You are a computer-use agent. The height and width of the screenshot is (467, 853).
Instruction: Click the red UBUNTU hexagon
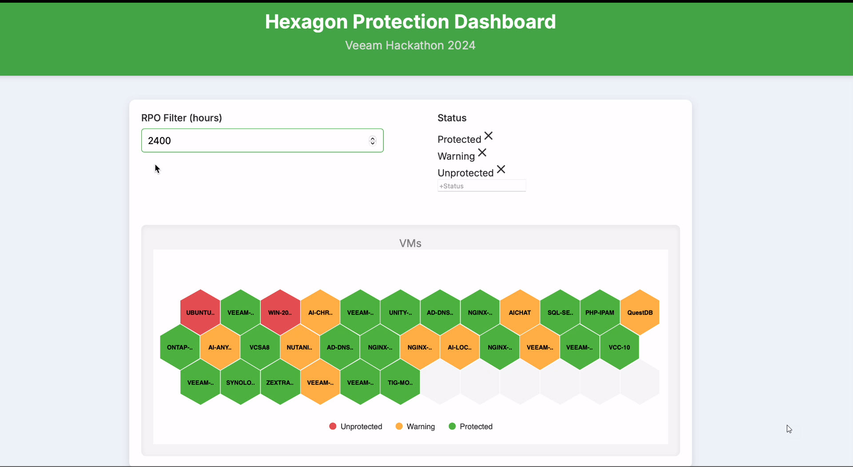200,312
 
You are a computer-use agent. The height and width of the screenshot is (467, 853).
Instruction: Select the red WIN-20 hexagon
280,312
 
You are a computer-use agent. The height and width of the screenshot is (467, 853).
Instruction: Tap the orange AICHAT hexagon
520,312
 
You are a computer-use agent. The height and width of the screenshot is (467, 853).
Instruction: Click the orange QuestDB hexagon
640,312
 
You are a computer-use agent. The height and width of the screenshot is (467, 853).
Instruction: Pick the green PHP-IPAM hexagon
600,312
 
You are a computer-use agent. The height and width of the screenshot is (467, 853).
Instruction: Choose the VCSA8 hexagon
260,347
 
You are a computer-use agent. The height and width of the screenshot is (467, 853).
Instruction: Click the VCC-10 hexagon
619,347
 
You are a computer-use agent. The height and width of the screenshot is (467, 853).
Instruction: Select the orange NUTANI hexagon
299,347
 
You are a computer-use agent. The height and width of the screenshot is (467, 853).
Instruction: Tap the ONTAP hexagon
180,347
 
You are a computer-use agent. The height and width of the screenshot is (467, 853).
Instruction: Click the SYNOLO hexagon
240,382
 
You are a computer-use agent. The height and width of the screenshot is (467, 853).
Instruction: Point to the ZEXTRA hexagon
280,382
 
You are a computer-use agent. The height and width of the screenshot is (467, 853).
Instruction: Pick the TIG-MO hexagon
400,382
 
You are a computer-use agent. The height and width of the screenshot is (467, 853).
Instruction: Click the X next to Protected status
488,136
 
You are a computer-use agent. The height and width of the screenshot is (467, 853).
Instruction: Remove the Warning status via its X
482,153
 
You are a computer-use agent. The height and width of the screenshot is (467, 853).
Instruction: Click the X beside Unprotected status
501,169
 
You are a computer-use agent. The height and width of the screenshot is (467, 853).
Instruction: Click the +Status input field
482,186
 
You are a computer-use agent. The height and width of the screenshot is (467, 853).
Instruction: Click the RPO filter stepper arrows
372,141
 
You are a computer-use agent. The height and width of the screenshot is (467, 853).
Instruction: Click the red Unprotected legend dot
333,426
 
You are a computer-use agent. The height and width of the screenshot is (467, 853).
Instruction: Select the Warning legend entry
415,426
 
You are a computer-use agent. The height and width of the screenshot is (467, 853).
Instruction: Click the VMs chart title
410,243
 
